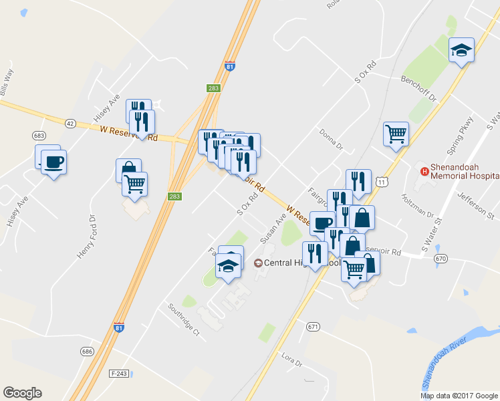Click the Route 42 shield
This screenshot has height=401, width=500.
(70, 123)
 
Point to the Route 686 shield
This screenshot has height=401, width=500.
(87, 352)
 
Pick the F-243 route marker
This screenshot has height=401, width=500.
(118, 372)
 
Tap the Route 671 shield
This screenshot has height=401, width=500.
(314, 327)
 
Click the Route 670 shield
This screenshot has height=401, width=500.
(439, 258)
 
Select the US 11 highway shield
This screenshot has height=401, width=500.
(381, 180)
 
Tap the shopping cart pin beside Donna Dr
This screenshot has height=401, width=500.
(396, 133)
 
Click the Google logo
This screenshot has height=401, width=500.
(22, 393)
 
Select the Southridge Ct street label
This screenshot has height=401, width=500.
(184, 319)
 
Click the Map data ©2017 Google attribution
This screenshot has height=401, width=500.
(459, 396)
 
